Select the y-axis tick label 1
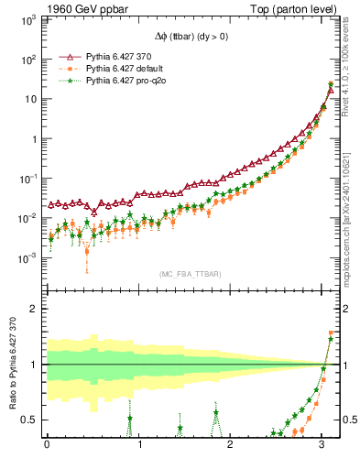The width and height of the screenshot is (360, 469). point(35,139)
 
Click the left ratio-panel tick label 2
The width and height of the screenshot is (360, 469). point(35,309)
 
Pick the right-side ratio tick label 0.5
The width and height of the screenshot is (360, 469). point(346,420)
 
